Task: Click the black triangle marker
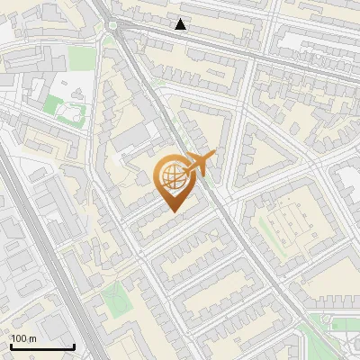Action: click(181, 24)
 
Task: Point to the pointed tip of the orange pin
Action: click(172, 211)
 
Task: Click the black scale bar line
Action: click(42, 346)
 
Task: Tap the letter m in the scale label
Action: click(33, 339)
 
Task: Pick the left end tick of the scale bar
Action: click(12, 345)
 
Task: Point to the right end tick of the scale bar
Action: click(74, 345)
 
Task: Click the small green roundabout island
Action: click(111, 26)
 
